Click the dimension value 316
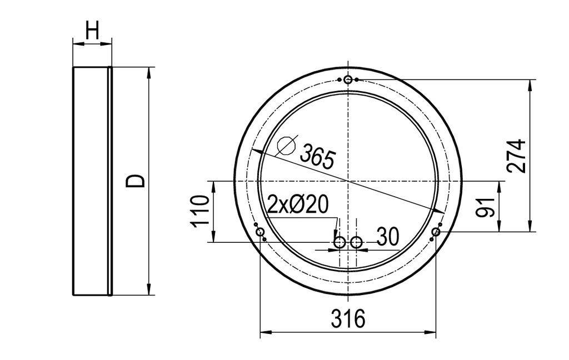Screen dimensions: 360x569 tap(348, 319)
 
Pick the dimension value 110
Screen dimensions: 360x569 tap(201, 211)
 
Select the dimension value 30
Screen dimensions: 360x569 tap(388, 237)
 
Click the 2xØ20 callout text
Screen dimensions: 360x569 tap(298, 205)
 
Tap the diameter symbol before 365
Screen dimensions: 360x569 tap(286, 146)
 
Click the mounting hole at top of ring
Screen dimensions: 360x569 tap(348, 80)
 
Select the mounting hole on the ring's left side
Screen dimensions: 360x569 tap(260, 232)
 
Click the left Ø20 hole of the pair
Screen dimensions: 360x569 tap(339, 242)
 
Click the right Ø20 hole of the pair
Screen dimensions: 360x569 tap(356, 242)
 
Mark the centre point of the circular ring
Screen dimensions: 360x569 tap(348, 181)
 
